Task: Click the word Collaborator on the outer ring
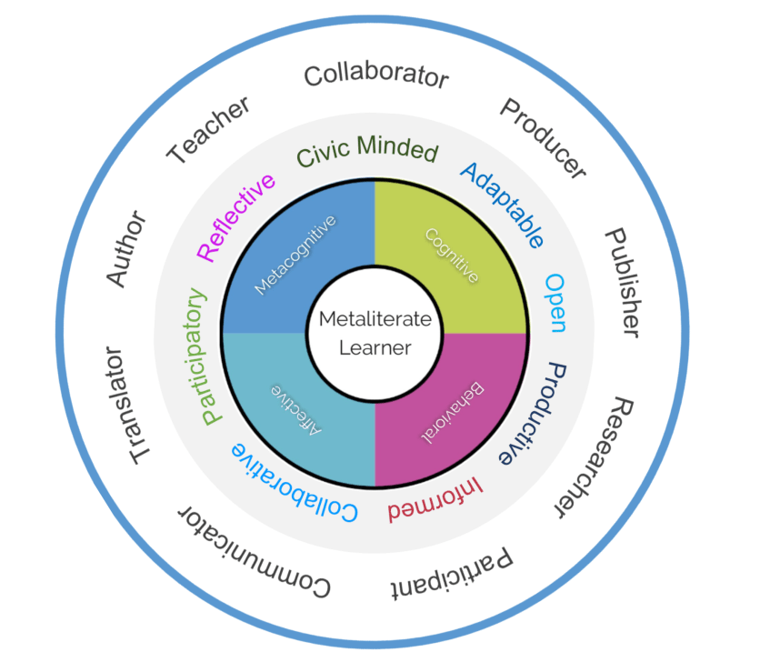point(375,75)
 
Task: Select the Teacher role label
point(209,131)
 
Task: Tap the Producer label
point(543,137)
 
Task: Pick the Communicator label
point(254,552)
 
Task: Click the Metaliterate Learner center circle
point(375,333)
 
